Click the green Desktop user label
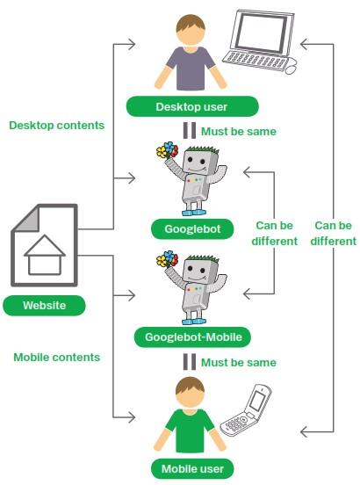[192, 106]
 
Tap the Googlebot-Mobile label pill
[193, 337]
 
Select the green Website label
[44, 306]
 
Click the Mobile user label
[192, 468]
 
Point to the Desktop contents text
[57, 126]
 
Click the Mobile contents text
[57, 358]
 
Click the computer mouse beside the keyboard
[292, 69]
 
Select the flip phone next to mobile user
[246, 410]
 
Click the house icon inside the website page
[45, 255]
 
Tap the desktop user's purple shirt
[191, 69]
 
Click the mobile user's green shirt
[191, 431]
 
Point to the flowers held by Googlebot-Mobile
[168, 258]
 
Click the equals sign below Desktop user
[190, 131]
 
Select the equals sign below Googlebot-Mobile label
[190, 362]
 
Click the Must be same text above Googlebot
[239, 132]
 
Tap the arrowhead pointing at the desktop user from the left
[133, 44]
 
